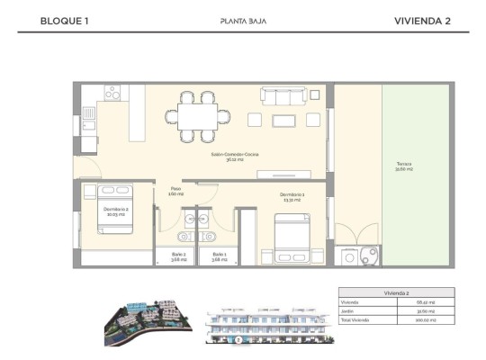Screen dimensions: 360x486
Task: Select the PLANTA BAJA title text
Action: (242, 21)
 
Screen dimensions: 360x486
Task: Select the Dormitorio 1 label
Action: (292, 195)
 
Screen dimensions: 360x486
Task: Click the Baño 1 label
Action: (219, 256)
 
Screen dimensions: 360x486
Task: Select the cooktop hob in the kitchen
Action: (112, 93)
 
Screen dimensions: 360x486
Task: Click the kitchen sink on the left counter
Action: (88, 113)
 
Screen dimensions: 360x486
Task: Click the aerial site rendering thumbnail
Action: (148, 320)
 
